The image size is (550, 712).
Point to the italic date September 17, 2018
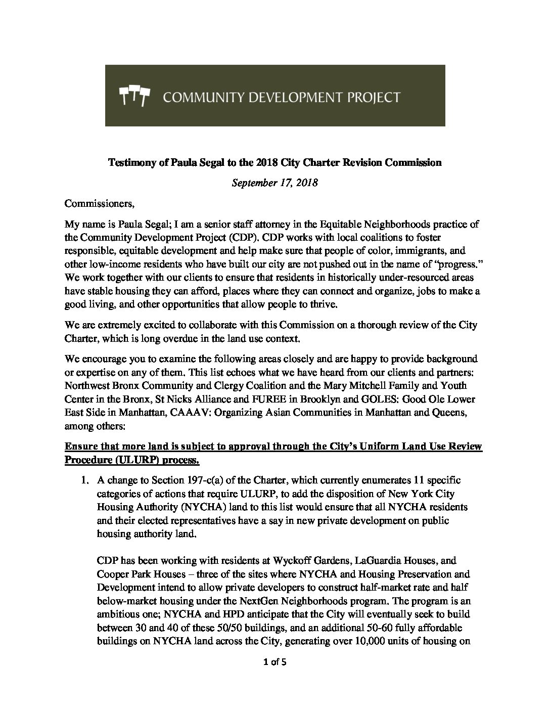(x=274, y=183)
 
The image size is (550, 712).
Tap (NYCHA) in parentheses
(x=219, y=507)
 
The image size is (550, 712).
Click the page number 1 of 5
(x=275, y=661)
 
